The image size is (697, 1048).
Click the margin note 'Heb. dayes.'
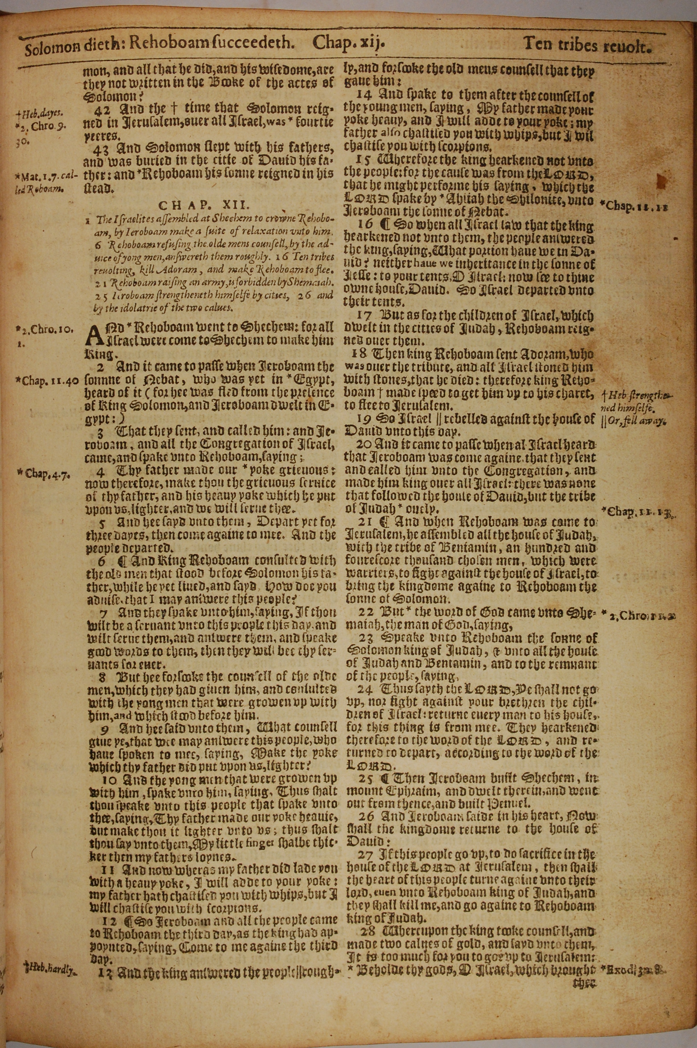40,113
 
